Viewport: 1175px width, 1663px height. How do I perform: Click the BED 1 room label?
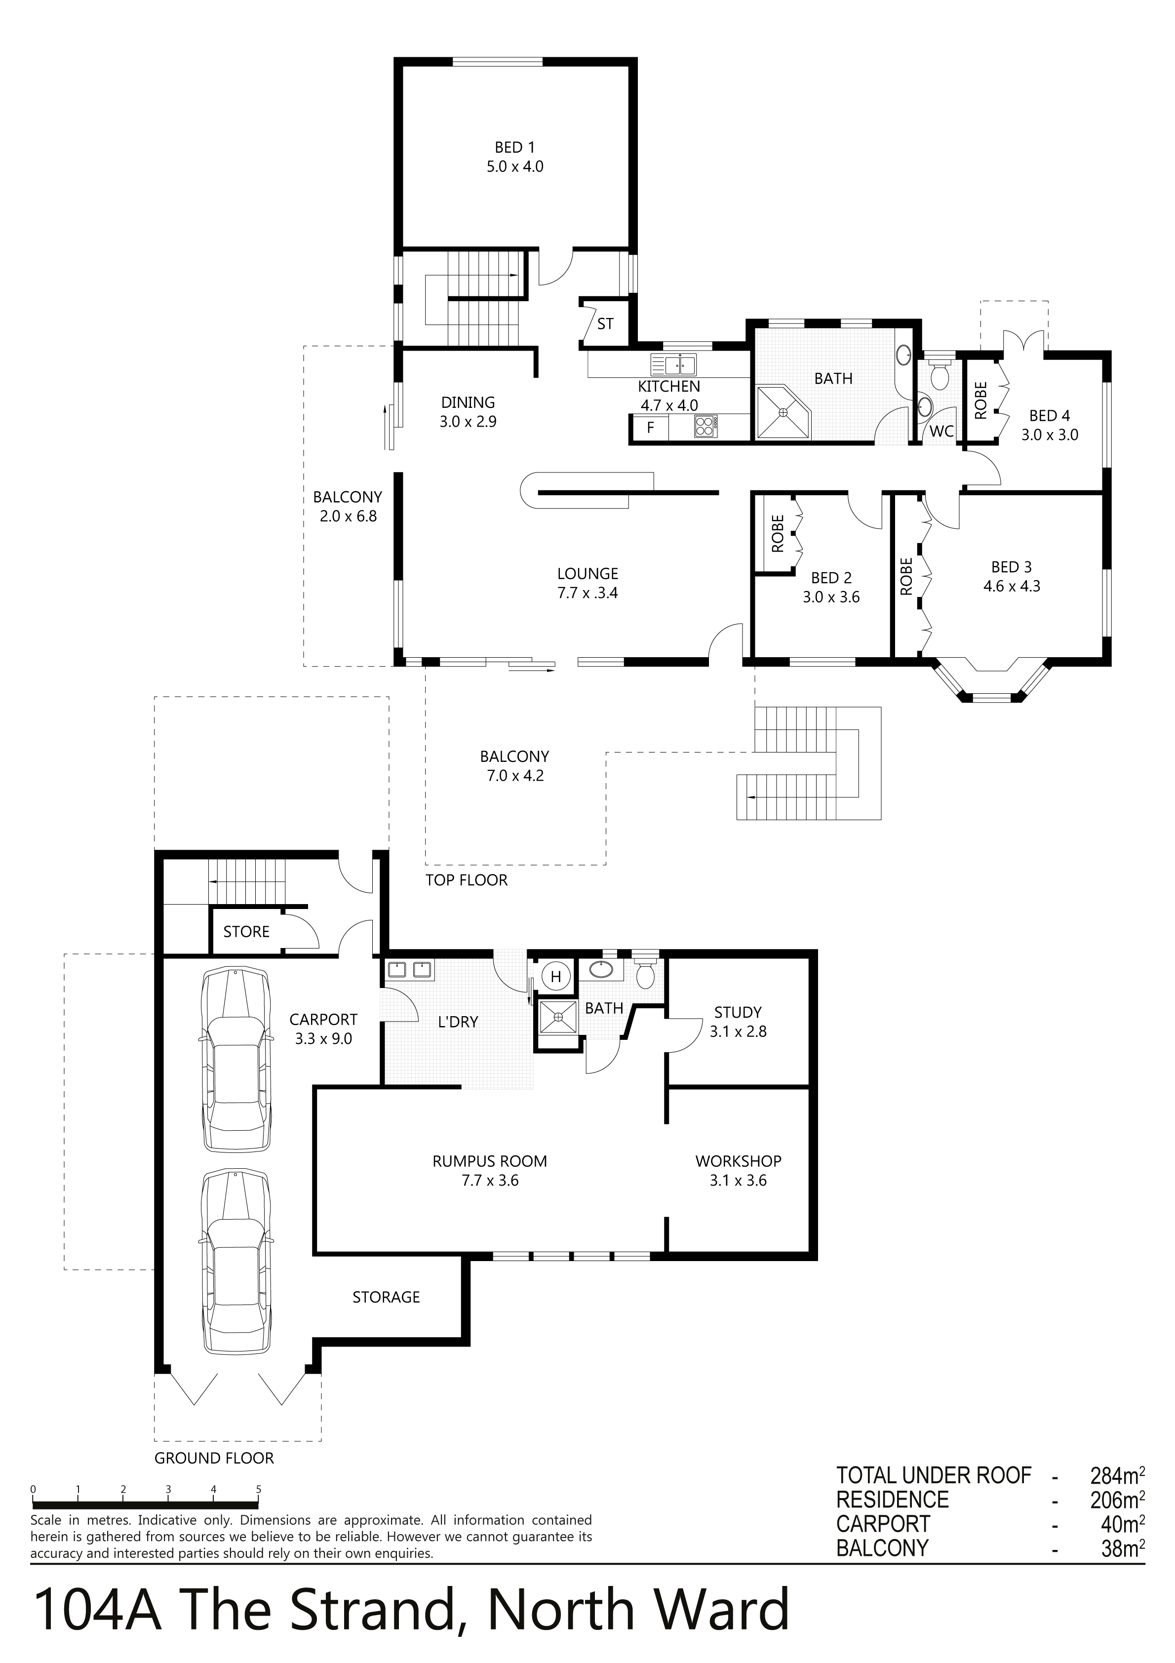click(514, 148)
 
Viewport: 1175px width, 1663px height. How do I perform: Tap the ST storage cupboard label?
click(605, 324)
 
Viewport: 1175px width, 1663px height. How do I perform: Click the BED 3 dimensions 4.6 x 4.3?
click(1011, 586)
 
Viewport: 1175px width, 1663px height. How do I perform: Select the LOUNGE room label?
click(587, 574)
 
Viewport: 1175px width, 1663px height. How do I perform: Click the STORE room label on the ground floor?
click(246, 932)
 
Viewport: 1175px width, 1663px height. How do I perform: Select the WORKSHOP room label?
click(738, 1161)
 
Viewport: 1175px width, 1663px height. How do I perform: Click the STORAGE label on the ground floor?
click(386, 1297)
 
